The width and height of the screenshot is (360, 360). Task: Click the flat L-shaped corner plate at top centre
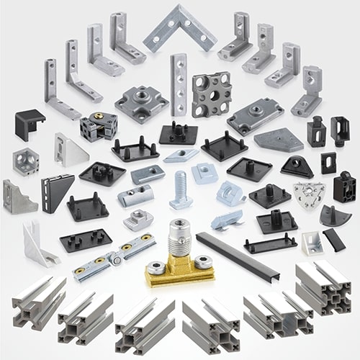click(179, 28)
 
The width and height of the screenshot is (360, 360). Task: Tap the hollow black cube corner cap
click(29, 124)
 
